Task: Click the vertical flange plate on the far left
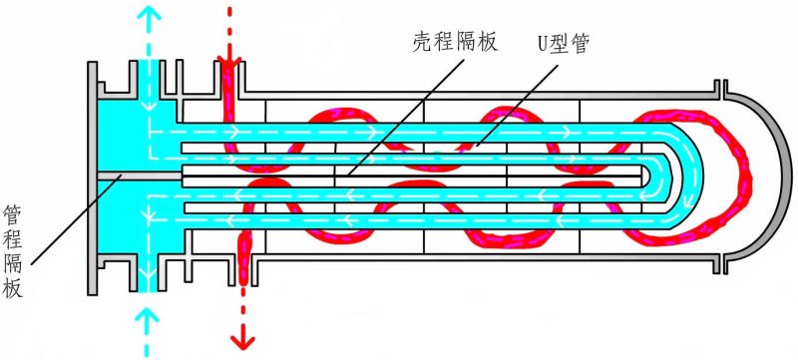(92, 176)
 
